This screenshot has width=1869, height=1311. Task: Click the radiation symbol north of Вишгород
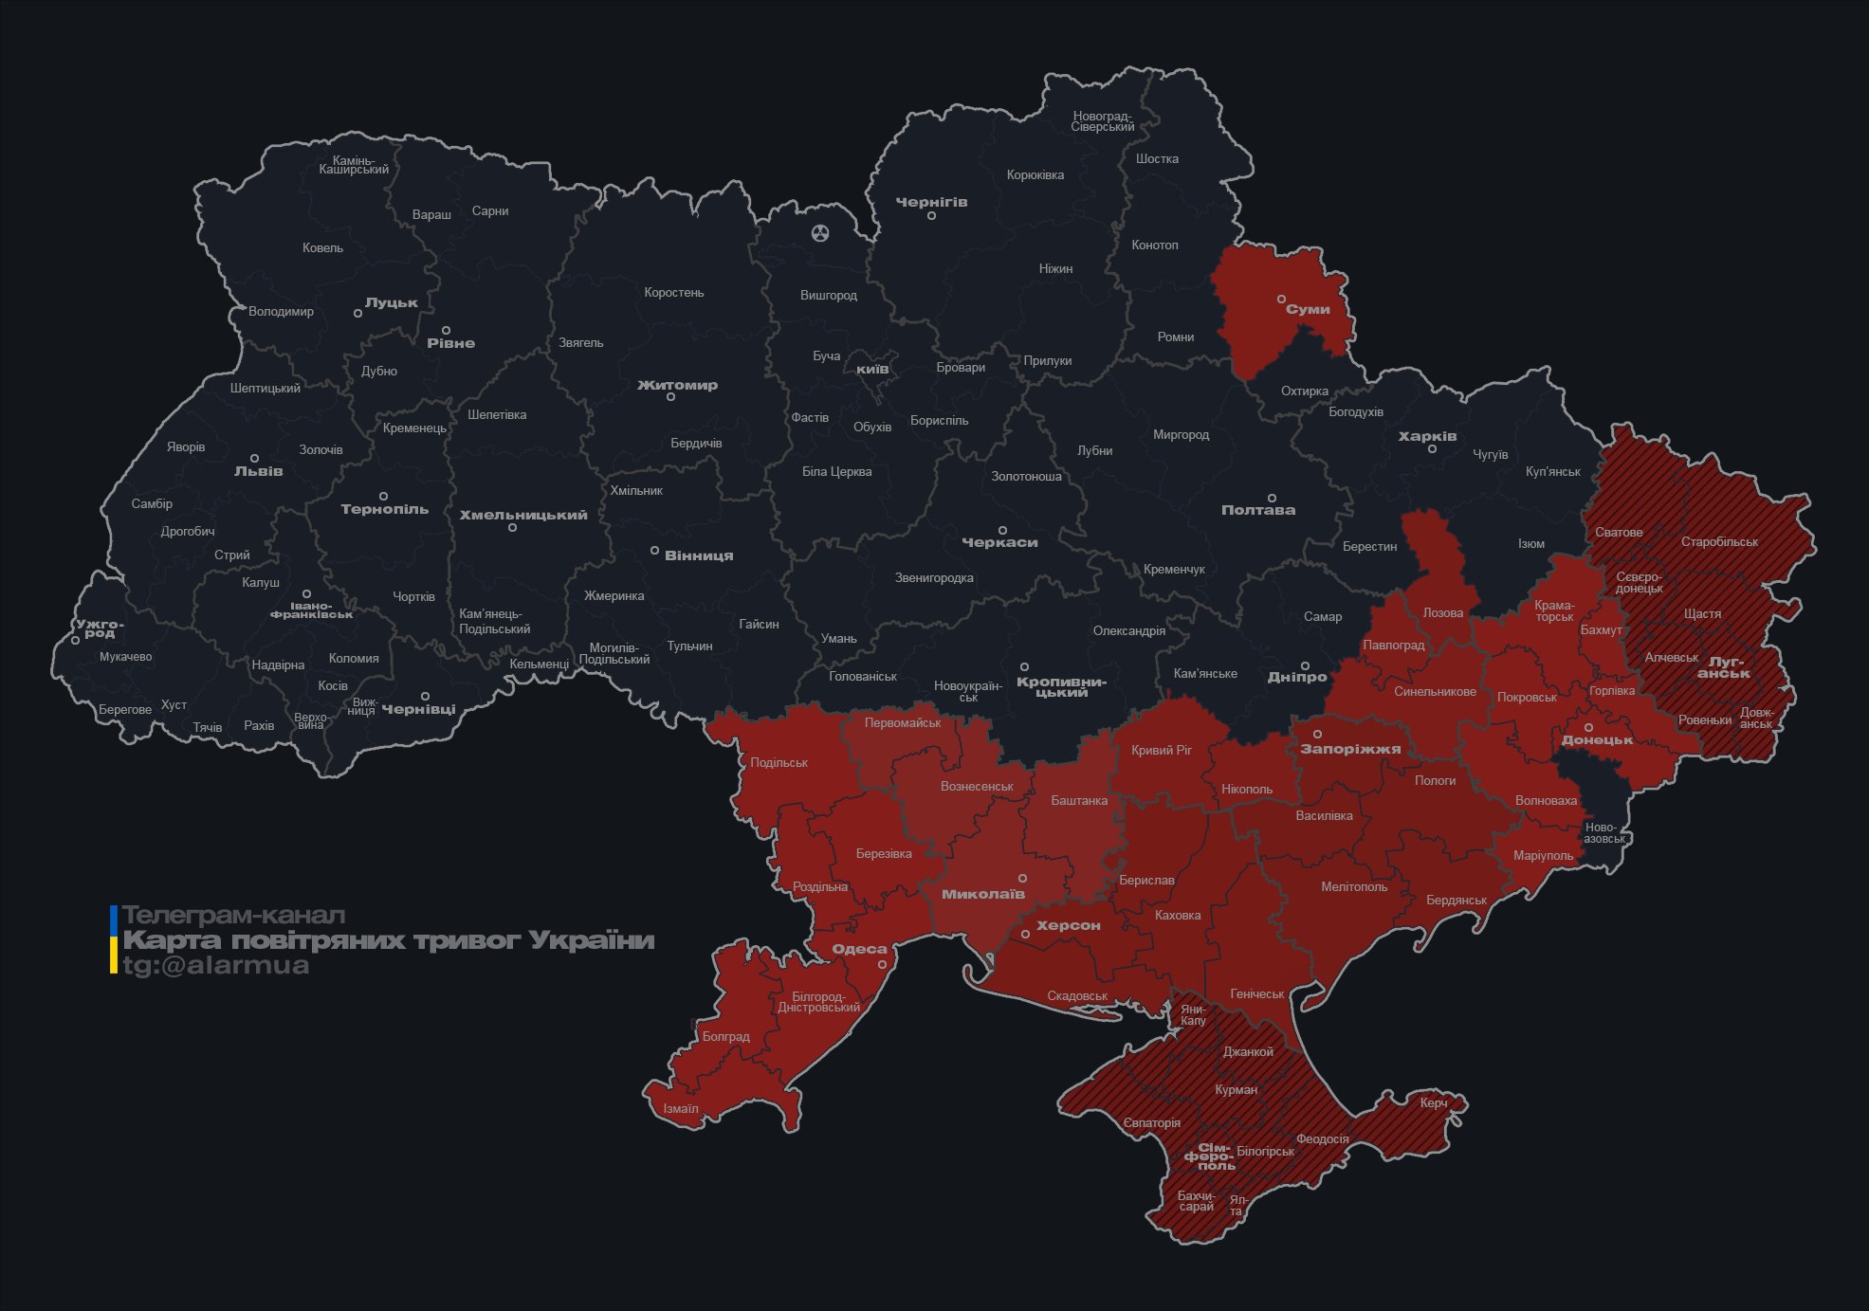point(820,232)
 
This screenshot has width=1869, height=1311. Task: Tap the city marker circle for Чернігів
point(931,216)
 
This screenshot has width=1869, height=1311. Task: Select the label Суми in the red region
point(1308,310)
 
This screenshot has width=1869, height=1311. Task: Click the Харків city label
point(1427,437)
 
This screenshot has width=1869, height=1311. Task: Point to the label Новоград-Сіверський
point(1103,121)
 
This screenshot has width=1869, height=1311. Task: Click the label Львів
point(258,471)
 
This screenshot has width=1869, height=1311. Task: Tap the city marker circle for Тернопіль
point(383,497)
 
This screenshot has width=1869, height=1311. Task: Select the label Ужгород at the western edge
point(100,628)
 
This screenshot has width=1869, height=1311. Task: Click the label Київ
point(872,369)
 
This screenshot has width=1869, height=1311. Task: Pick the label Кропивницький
point(1061,687)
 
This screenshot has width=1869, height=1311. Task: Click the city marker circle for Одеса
point(882,965)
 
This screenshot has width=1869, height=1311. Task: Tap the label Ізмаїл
point(681,1109)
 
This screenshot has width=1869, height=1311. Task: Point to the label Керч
point(1433,1103)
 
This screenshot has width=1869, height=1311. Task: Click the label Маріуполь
point(1543,856)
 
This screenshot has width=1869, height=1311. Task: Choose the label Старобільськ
point(1719,542)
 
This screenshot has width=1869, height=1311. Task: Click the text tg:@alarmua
point(216,966)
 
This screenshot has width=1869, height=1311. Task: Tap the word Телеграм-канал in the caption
point(233,916)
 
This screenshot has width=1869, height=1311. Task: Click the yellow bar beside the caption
point(114,955)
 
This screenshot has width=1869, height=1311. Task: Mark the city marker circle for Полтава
point(1272,499)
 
